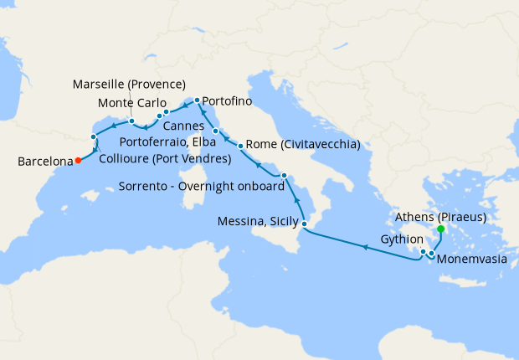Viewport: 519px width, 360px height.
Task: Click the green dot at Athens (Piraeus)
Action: (x=441, y=229)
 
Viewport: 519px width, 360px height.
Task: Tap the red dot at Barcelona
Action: (x=77, y=160)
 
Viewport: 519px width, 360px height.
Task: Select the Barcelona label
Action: (x=44, y=163)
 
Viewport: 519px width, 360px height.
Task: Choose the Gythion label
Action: (x=397, y=239)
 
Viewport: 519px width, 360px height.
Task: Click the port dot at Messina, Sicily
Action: (x=305, y=224)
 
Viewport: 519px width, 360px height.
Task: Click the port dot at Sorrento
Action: (x=285, y=176)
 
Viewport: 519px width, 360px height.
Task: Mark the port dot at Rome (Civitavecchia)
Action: (x=241, y=147)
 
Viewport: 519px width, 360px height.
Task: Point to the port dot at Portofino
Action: (x=197, y=100)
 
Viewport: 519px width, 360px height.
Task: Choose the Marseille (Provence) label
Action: (x=129, y=85)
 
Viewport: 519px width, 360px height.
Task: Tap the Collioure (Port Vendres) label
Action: (x=165, y=158)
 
